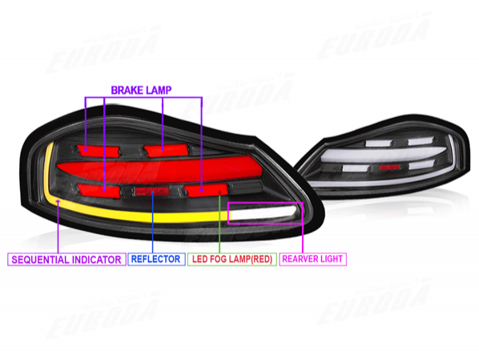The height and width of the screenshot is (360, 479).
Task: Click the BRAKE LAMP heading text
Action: (x=141, y=91)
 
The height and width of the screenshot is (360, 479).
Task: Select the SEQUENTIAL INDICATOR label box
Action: (x=66, y=259)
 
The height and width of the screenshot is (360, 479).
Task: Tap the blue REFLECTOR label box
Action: (x=156, y=259)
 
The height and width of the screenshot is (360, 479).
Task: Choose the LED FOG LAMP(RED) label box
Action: (x=231, y=259)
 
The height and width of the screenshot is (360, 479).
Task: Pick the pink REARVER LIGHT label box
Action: (x=312, y=259)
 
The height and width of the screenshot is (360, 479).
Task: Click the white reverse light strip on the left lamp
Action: (x=264, y=212)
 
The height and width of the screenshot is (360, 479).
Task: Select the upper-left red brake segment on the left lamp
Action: (x=99, y=151)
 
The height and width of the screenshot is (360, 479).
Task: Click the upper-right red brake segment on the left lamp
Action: (x=166, y=150)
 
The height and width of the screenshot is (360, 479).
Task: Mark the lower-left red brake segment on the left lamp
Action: (x=99, y=190)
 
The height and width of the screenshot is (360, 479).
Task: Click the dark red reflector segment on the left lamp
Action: (x=151, y=192)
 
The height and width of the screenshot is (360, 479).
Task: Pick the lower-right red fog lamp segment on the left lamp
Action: (x=207, y=190)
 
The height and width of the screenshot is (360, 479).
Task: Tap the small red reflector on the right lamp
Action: (x=389, y=167)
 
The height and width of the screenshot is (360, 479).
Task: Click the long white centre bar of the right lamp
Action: (x=382, y=155)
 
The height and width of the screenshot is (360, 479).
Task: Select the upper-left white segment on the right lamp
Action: (x=379, y=143)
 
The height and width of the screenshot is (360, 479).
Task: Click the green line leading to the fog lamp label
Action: (x=219, y=222)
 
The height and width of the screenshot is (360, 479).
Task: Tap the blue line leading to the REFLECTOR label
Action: (x=152, y=222)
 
